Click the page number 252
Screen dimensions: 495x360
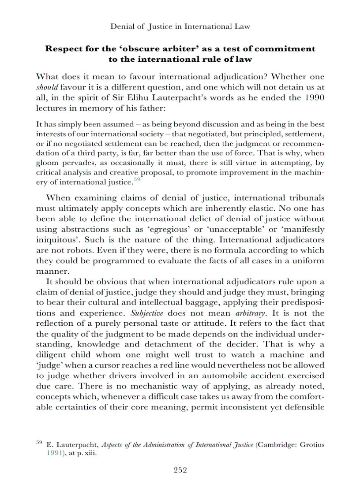180,470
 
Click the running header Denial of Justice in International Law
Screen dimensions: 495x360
180,26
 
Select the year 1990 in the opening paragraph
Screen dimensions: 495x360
314,98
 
